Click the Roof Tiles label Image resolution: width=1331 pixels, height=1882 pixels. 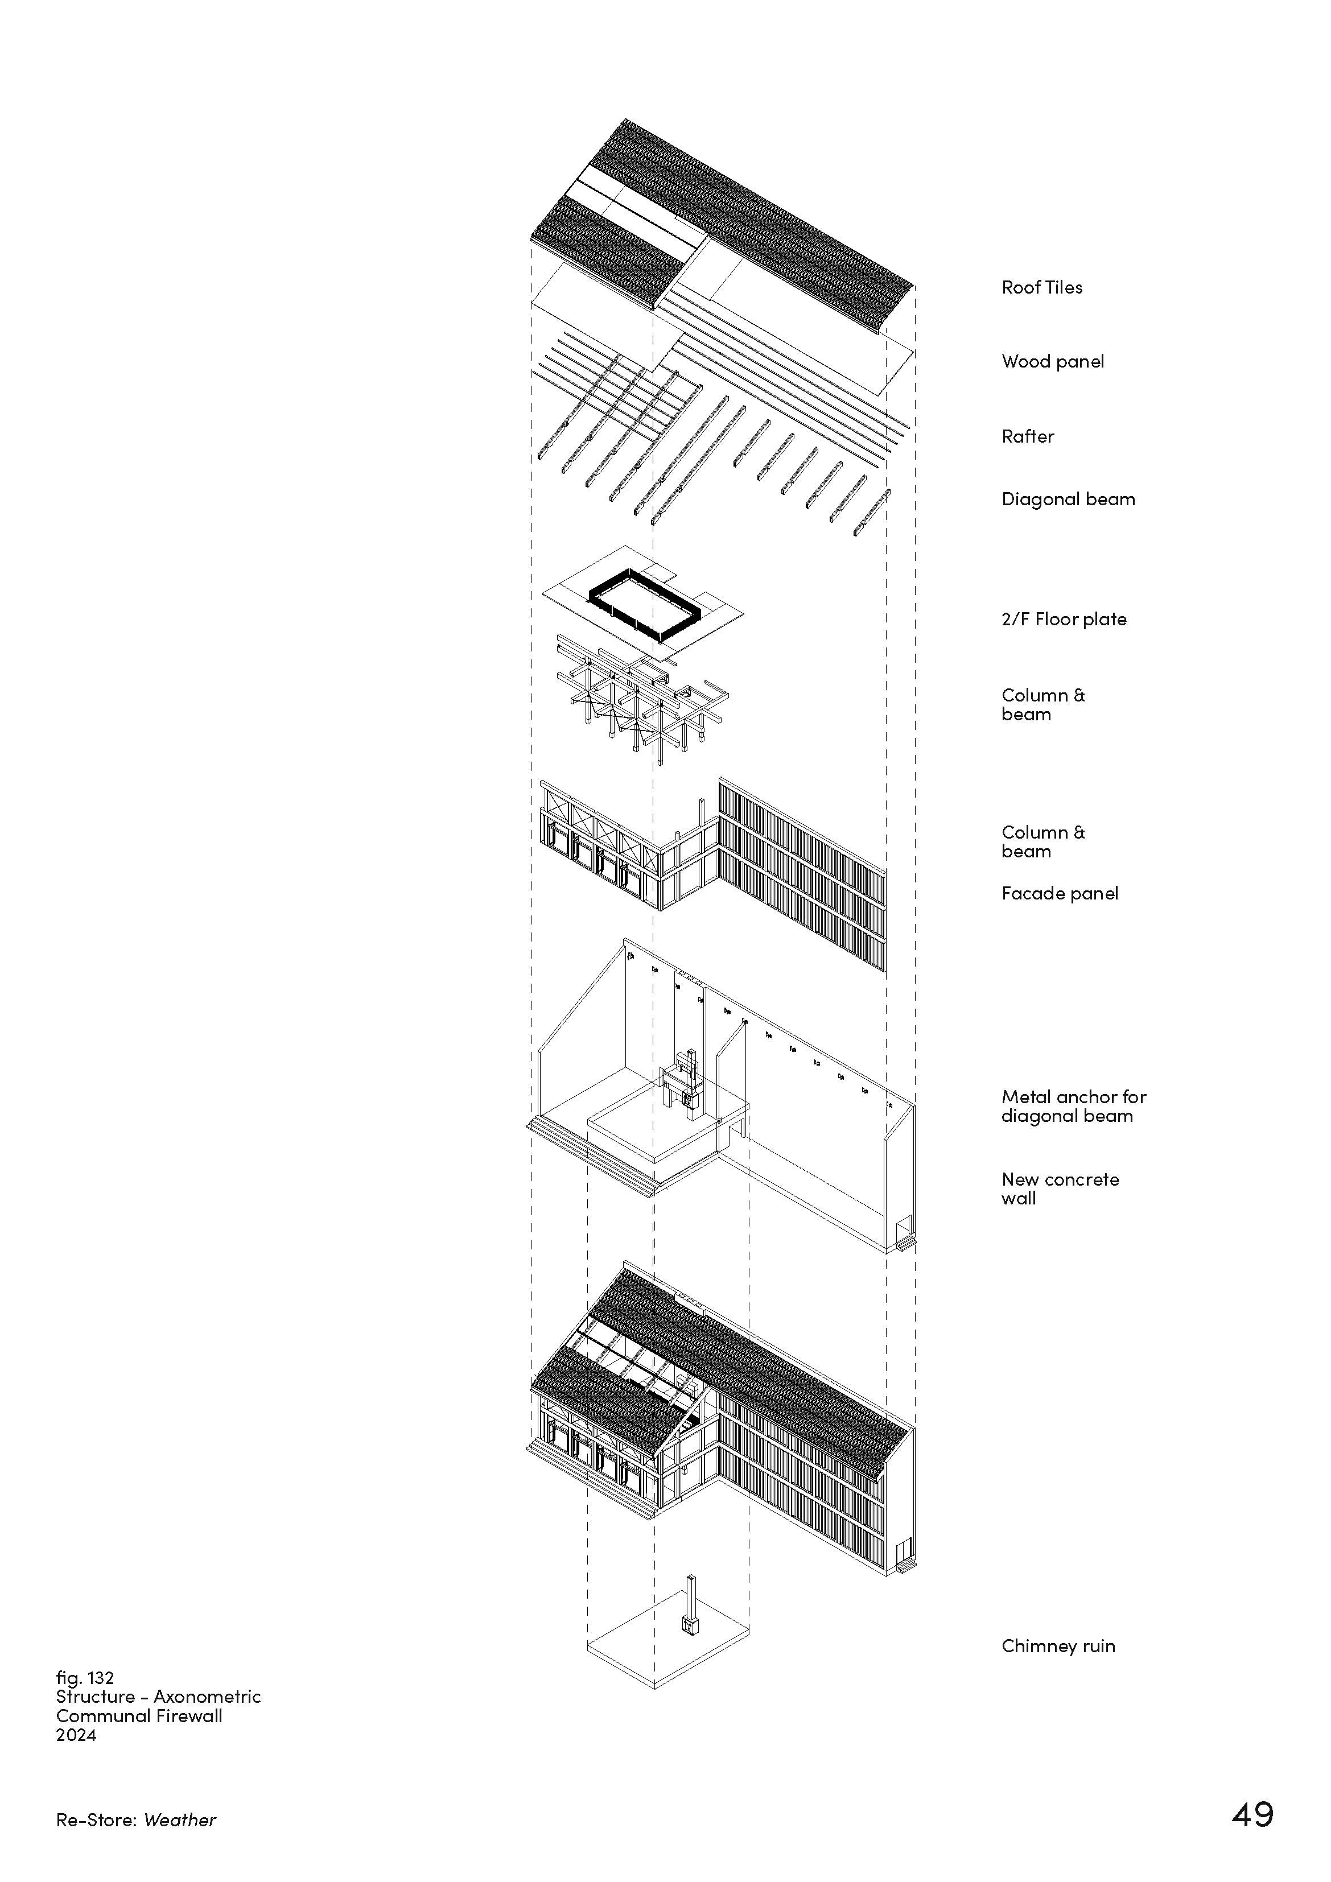tap(1041, 288)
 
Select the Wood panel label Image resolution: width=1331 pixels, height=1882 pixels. tap(1052, 361)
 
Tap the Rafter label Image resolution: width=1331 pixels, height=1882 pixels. tap(1028, 436)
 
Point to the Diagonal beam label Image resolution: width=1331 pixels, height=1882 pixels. tap(1068, 499)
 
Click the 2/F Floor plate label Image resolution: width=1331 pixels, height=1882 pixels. tap(1064, 620)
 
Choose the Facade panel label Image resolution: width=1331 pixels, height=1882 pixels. tap(1060, 893)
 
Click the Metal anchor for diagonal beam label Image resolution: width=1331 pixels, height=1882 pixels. tap(1073, 1107)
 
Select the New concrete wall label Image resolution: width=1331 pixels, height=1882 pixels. tap(1060, 1188)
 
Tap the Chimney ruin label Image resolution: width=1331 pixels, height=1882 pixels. tap(1058, 1646)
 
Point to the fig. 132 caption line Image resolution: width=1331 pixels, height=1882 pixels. tap(84, 1678)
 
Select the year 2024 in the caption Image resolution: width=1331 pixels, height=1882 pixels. tap(76, 1735)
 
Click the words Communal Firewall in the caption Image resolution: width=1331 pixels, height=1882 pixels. tap(139, 1716)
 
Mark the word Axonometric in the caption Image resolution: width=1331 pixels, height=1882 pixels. tap(207, 1697)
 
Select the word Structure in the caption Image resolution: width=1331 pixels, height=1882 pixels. tap(95, 1697)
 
